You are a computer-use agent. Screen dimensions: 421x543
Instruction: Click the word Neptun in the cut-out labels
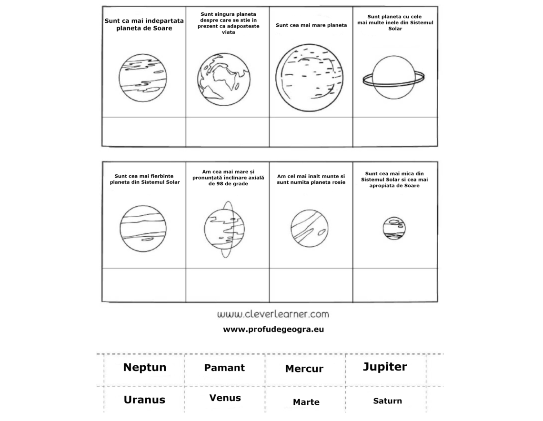point(145,367)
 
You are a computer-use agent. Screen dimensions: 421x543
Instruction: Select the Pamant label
point(224,368)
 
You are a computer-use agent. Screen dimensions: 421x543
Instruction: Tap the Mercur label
point(304,369)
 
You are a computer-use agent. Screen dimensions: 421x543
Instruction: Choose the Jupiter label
point(385,367)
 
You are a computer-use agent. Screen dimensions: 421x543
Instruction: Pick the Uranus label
point(144,400)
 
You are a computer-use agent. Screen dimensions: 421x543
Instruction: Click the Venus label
point(225,398)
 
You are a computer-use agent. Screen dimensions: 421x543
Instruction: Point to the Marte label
point(306,402)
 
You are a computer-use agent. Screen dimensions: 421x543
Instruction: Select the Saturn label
point(387,401)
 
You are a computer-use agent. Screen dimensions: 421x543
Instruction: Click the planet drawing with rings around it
point(393,78)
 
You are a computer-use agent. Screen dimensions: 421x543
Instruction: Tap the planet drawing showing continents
point(224,79)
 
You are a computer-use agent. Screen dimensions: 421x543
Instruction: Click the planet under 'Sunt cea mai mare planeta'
point(310,78)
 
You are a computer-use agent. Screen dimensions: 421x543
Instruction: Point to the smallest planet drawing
point(394,229)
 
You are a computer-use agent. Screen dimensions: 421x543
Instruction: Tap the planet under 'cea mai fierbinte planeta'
point(143,229)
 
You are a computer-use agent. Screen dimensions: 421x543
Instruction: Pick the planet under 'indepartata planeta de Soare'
point(143,78)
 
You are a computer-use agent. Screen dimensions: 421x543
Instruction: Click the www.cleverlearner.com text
point(273,314)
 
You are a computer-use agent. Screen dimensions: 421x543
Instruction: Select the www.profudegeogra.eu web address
point(273,329)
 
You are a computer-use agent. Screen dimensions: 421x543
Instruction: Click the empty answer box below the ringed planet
point(395,132)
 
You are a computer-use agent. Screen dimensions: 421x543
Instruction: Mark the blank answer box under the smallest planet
point(395,284)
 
